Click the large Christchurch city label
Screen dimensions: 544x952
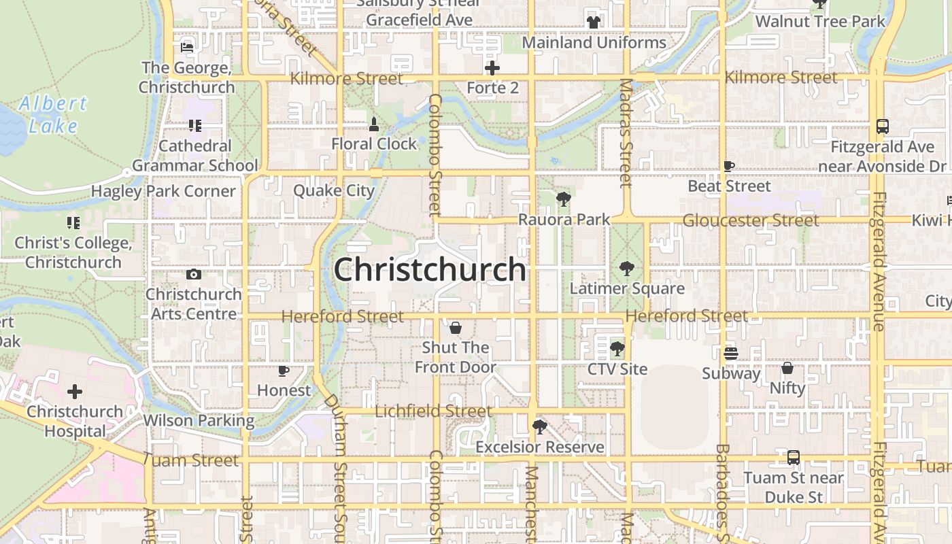click(430, 270)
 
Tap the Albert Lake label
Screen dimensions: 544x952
click(53, 114)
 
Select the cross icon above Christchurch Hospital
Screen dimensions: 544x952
click(75, 392)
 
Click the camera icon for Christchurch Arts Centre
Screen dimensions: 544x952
click(194, 275)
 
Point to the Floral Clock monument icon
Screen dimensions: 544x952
click(373, 124)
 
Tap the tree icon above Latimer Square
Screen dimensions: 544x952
click(626, 269)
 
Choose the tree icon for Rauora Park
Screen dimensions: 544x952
click(563, 199)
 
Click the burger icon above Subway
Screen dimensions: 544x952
click(731, 353)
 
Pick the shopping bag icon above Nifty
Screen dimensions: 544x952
click(787, 369)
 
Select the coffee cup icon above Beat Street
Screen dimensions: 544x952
click(729, 166)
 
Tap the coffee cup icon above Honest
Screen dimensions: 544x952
click(284, 371)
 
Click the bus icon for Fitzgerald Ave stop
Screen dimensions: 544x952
click(882, 126)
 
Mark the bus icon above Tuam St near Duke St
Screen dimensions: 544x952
click(794, 458)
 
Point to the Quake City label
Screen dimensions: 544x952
click(334, 190)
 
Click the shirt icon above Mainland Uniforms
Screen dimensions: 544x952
click(594, 22)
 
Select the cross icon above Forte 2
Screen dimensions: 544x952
click(492, 68)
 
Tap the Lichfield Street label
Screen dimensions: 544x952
click(433, 411)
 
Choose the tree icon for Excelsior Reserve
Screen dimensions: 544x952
click(540, 427)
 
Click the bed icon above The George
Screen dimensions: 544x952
click(187, 48)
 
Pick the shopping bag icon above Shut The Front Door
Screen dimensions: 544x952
click(456, 328)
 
